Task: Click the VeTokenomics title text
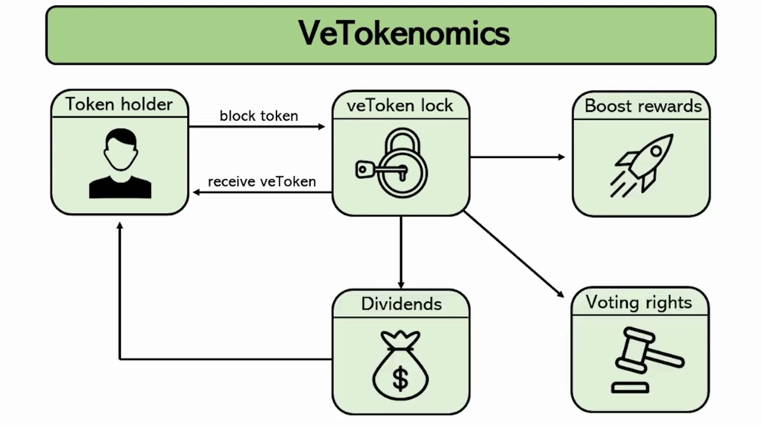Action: click(404, 33)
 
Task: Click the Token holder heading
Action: click(119, 104)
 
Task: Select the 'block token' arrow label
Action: click(259, 116)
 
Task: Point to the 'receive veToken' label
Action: click(262, 181)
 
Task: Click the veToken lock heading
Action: click(400, 105)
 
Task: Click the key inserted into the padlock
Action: click(375, 171)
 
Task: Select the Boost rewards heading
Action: click(643, 106)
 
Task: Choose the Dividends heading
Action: click(401, 304)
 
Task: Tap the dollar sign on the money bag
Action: click(401, 379)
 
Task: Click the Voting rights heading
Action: click(639, 302)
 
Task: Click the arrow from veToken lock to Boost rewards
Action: click(517, 157)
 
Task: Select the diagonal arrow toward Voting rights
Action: click(514, 254)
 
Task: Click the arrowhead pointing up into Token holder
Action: click(120, 226)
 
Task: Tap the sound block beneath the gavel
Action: click(630, 388)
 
